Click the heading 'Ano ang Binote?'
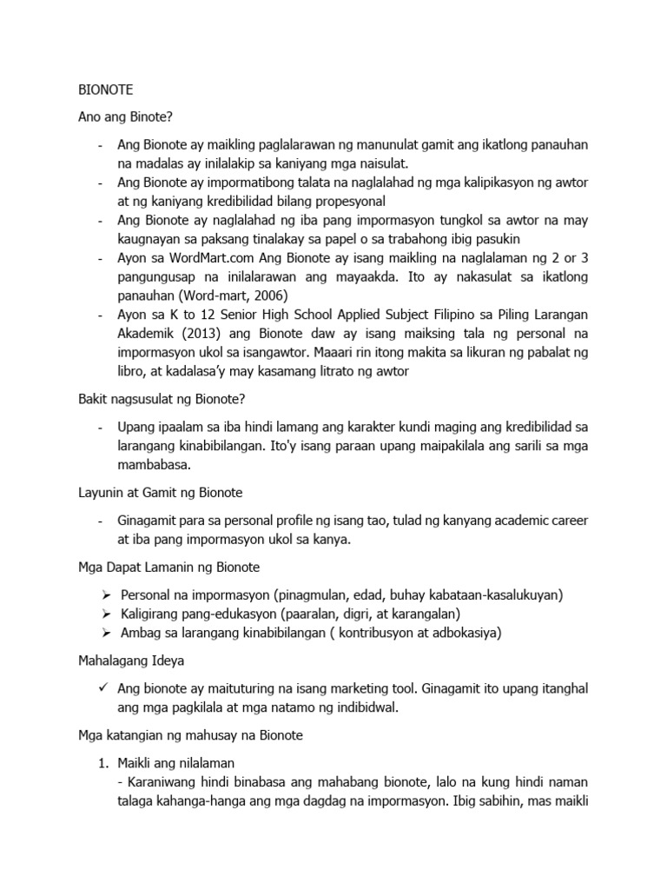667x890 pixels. (x=126, y=116)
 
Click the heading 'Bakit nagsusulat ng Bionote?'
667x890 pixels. (x=162, y=399)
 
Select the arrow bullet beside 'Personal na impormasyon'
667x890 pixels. (x=104, y=595)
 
